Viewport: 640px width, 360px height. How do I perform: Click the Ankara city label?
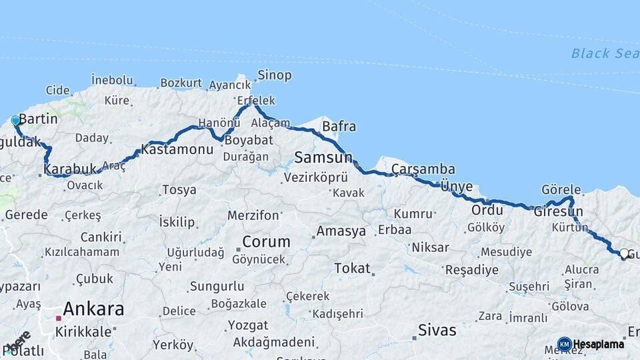(93, 309)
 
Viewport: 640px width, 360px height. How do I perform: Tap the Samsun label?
(323, 158)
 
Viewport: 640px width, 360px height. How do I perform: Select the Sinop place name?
(275, 75)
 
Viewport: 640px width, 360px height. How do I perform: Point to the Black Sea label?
(604, 53)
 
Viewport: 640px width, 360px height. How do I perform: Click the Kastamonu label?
(177, 149)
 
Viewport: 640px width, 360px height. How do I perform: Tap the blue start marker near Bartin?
(16, 121)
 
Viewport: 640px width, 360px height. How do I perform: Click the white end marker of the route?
(623, 254)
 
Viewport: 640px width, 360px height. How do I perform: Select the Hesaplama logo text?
(599, 344)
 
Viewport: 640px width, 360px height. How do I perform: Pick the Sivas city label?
(437, 330)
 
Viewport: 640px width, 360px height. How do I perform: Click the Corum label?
(266, 241)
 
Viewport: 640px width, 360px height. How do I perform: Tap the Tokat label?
(352, 268)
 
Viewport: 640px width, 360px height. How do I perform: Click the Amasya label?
(341, 232)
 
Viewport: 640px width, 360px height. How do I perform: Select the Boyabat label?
(249, 141)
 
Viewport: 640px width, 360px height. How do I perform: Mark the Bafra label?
(339, 126)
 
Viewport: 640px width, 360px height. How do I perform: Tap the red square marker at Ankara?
(59, 319)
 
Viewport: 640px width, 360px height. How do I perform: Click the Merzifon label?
(253, 215)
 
